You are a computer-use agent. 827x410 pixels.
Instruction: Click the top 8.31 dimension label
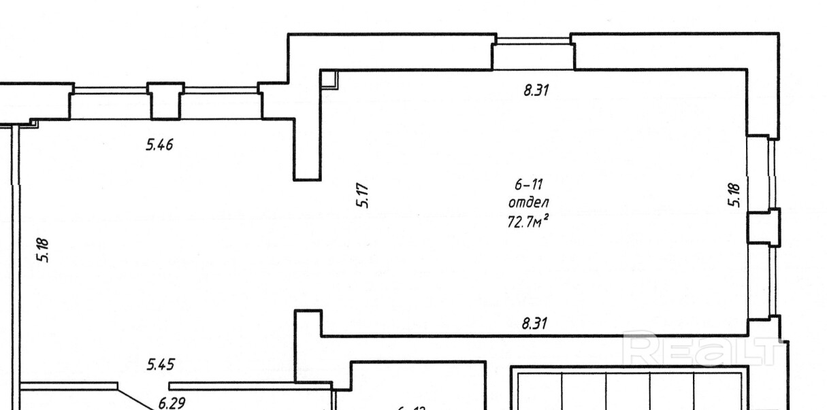tap(536, 90)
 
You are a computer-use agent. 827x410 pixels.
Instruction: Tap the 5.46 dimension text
tap(159, 144)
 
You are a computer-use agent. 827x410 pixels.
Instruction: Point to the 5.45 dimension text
tap(160, 365)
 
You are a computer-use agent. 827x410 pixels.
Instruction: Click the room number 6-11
tap(528, 184)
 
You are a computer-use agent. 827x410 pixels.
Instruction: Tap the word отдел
tap(528, 203)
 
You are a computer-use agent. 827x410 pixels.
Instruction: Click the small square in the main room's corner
tap(330, 80)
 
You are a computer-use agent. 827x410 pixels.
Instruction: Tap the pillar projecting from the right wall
tap(762, 226)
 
